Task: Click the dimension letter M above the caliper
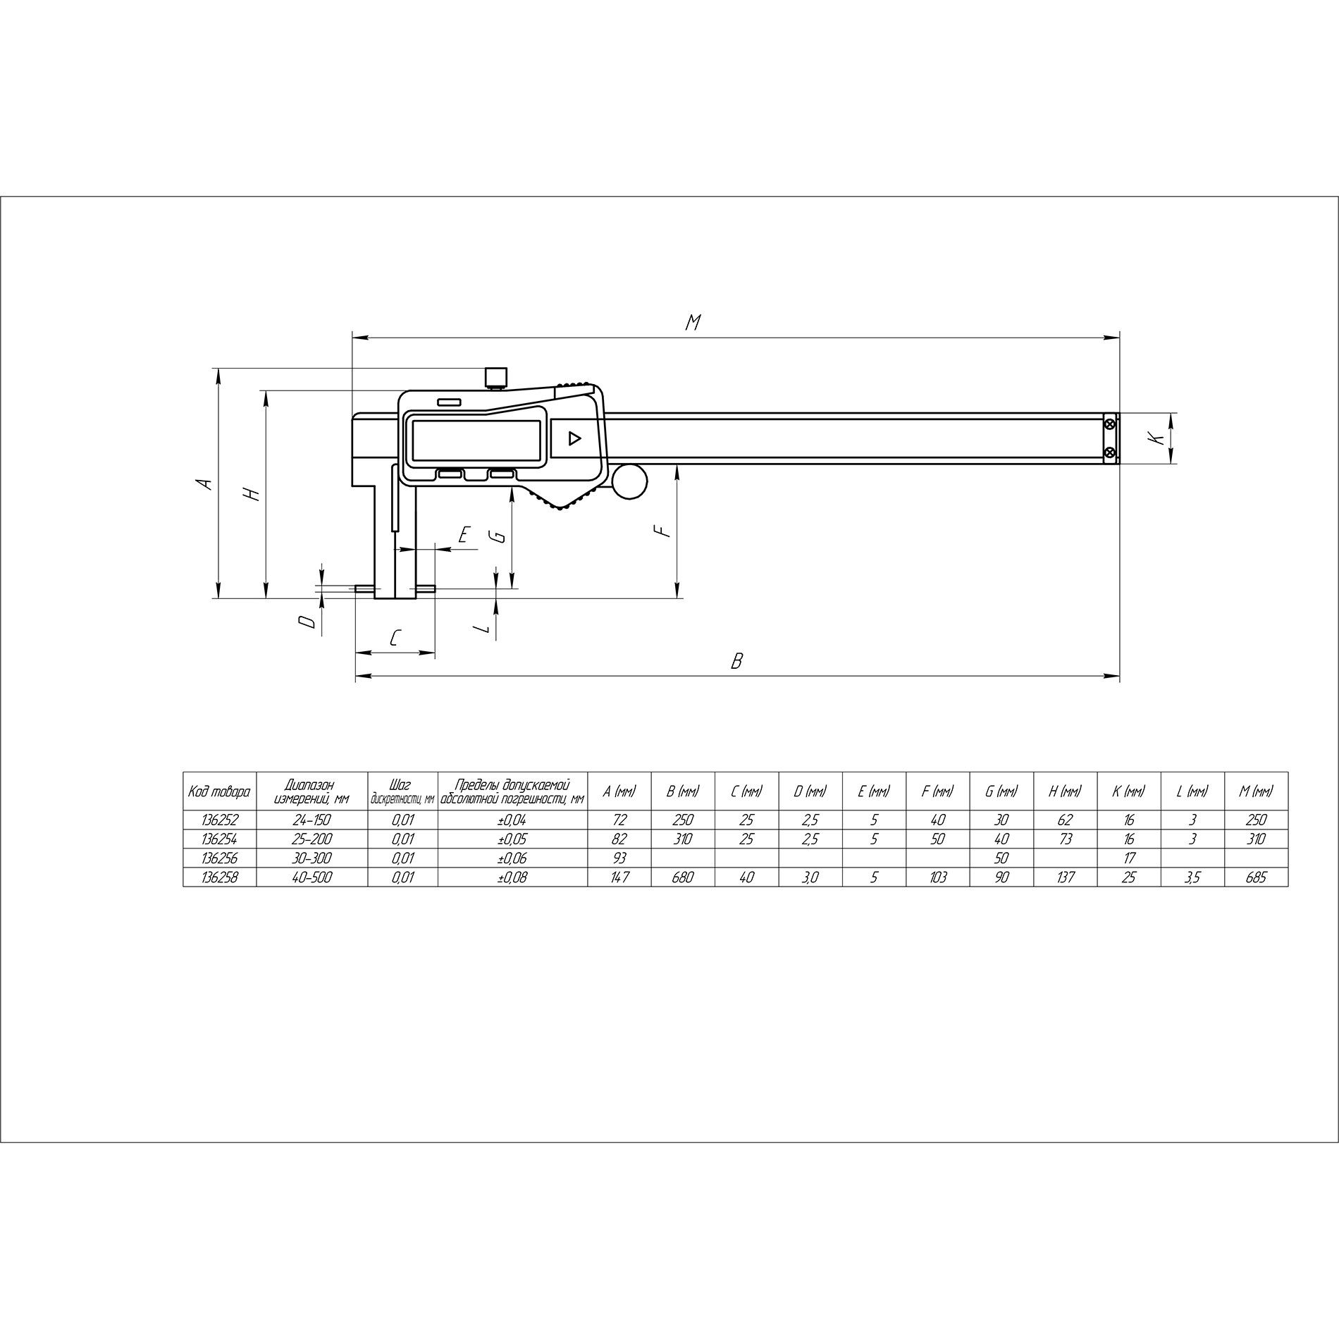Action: coord(693,323)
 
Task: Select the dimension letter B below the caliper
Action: coord(737,661)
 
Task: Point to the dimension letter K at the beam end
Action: coord(1156,438)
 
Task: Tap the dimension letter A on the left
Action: coord(204,483)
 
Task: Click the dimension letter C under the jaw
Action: coord(395,638)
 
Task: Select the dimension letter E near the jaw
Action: coord(464,535)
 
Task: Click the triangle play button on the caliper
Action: coord(574,439)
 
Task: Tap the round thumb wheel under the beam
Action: coord(629,481)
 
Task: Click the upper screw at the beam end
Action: coord(1111,424)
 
